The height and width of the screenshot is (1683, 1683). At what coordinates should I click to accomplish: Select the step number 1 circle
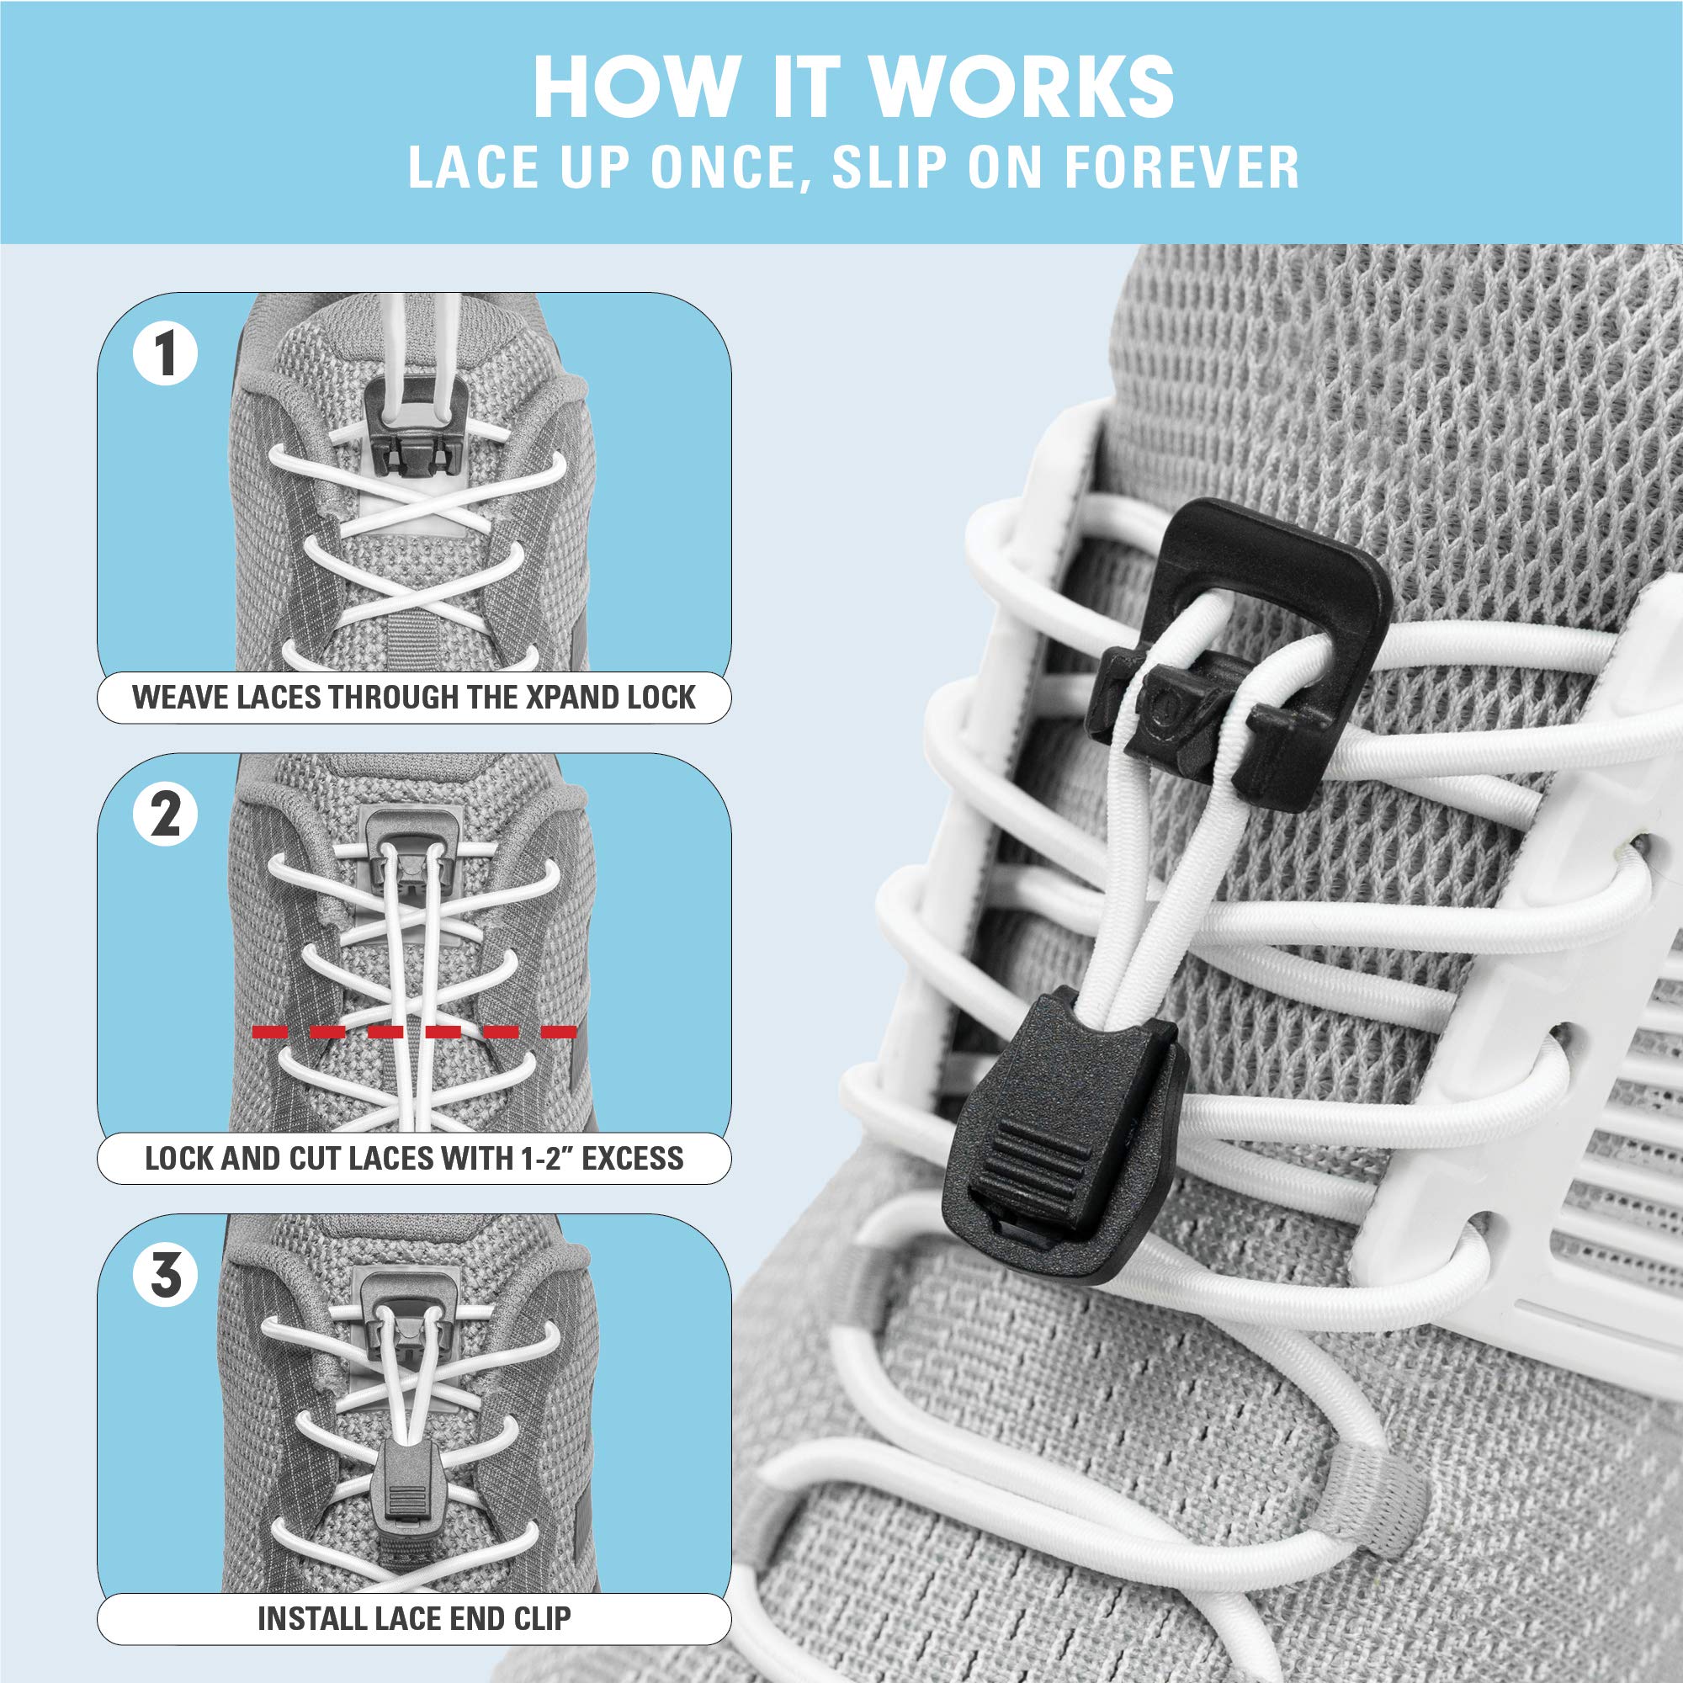tap(166, 353)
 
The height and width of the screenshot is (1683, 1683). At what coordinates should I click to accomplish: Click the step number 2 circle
tap(166, 815)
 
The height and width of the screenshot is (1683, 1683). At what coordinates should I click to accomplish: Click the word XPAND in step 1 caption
tap(569, 698)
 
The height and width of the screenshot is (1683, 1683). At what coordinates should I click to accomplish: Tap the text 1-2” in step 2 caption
tap(547, 1159)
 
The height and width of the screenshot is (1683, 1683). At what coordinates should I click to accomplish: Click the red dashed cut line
tap(414, 1033)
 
